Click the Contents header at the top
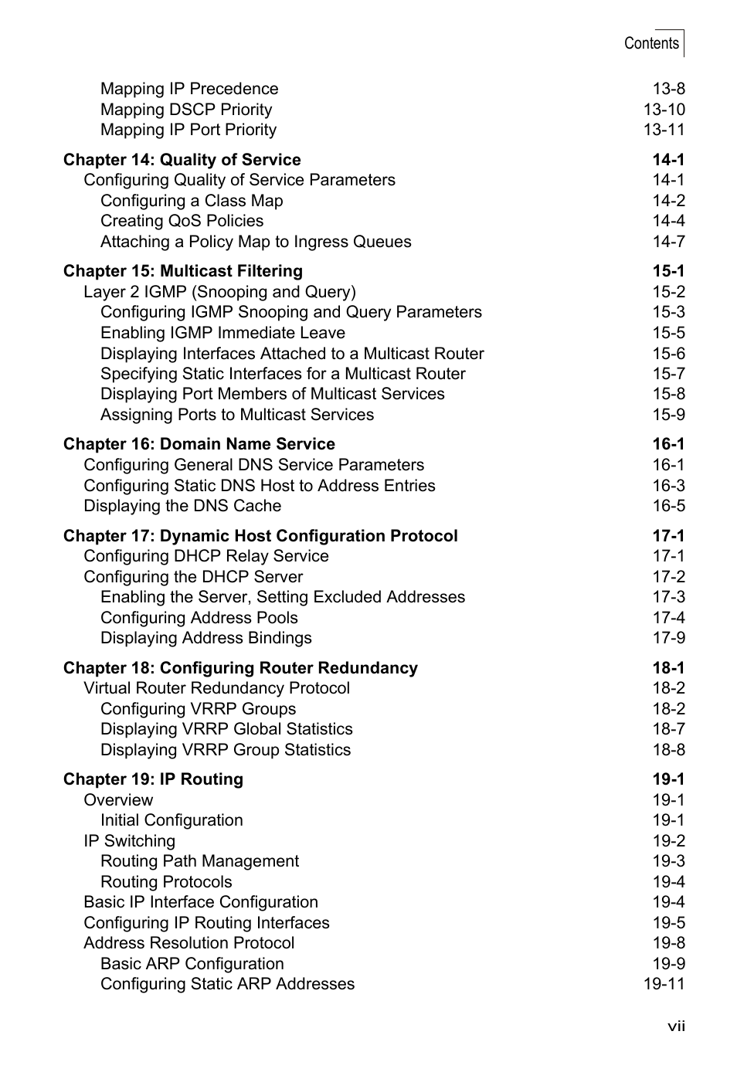point(651,43)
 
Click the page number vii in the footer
point(677,1026)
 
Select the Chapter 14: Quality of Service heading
point(182,160)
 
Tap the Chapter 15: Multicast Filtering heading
point(183,271)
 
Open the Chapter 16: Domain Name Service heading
point(199,444)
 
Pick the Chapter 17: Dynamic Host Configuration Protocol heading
point(260,536)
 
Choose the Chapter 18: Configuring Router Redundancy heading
point(240,668)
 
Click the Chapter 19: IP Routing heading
point(153,779)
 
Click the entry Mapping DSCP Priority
point(186,110)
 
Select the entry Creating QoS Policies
point(182,221)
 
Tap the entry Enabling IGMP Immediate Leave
point(222,333)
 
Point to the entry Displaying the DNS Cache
point(182,506)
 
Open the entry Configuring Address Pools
point(199,618)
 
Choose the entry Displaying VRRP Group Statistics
point(226,750)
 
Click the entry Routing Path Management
point(199,861)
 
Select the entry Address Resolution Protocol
point(189,943)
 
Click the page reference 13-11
point(664,130)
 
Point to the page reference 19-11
point(664,984)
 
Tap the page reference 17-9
point(668,638)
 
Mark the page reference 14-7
point(668,242)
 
